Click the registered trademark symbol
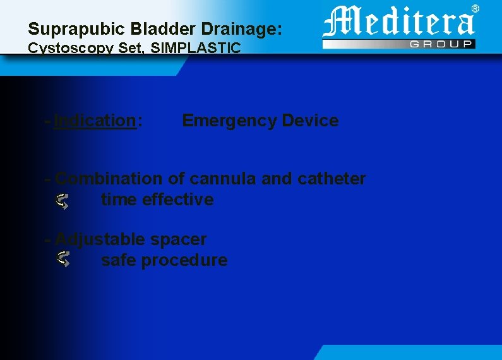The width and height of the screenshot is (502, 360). (x=475, y=8)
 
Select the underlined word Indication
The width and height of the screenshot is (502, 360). (x=95, y=121)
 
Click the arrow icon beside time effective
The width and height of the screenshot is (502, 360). (x=62, y=201)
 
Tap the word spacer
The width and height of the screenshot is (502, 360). (x=178, y=239)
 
